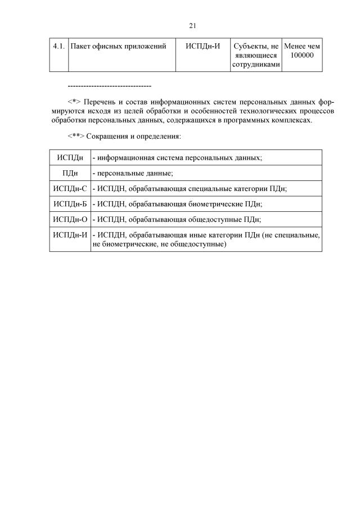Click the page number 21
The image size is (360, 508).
tap(192, 25)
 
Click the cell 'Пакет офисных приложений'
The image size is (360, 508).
tap(118, 46)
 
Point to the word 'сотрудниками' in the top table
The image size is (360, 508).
tap(256, 65)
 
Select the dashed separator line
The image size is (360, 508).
tap(109, 85)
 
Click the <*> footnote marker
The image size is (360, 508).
tap(74, 102)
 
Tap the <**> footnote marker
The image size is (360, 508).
tap(76, 136)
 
